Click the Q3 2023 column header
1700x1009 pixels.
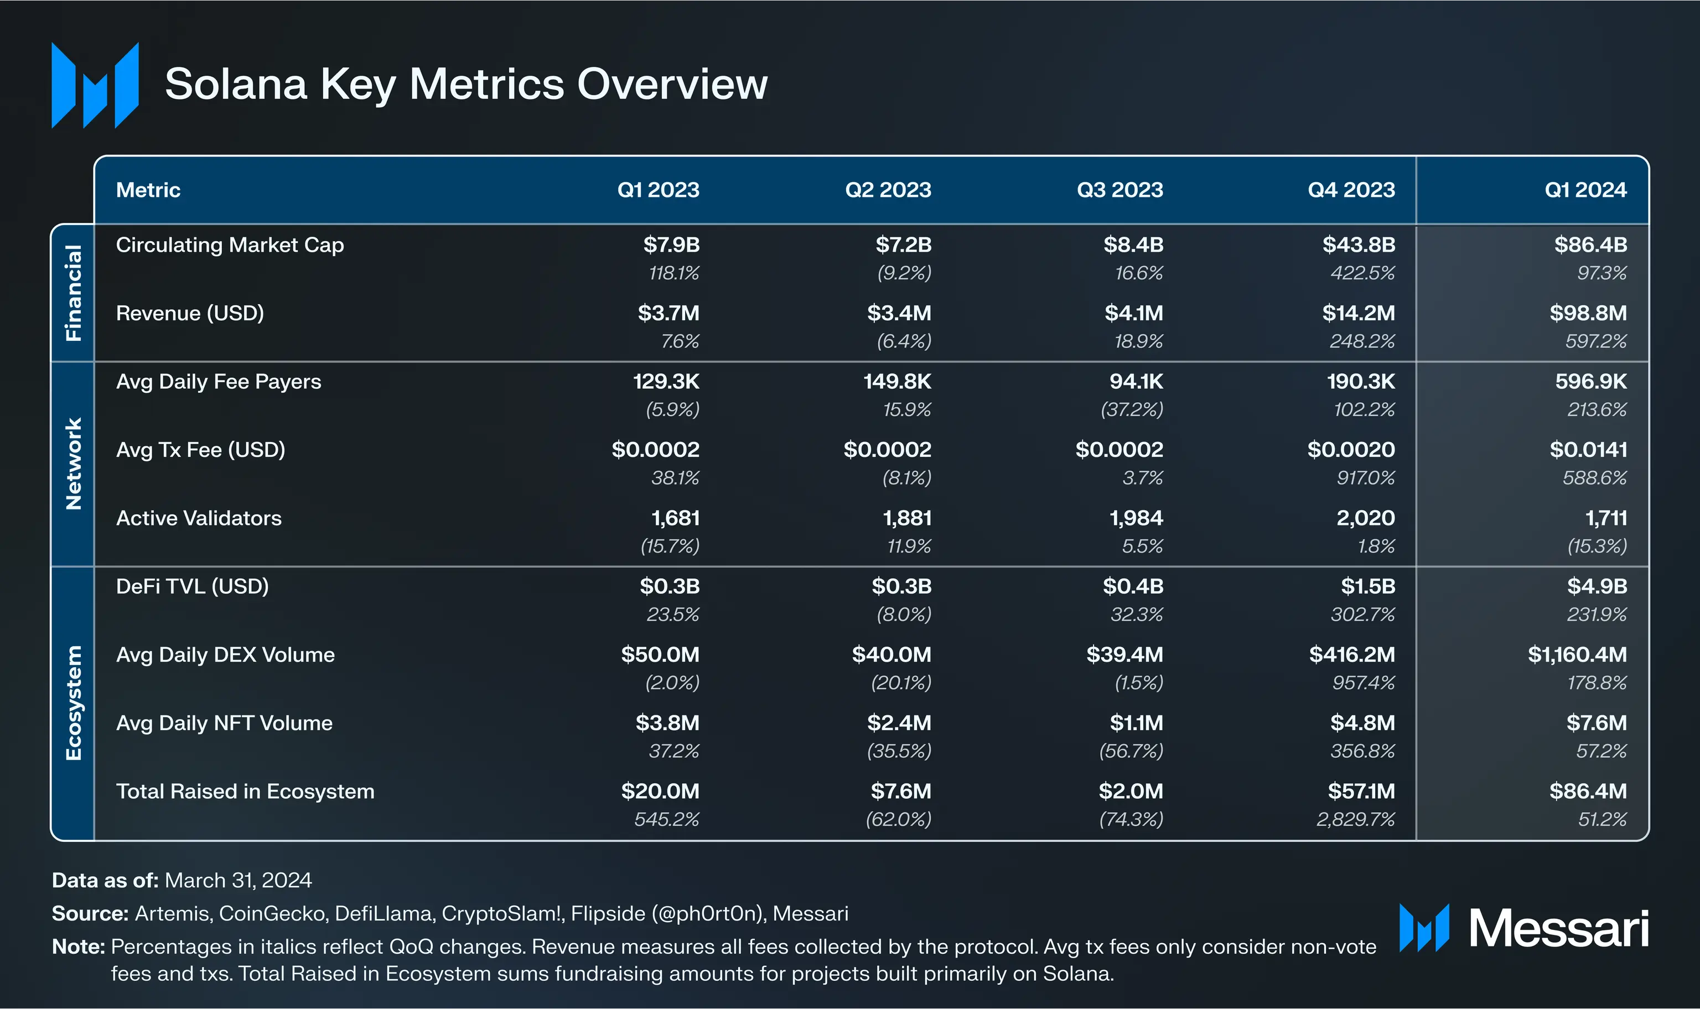coord(1119,190)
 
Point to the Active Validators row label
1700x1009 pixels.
coord(199,518)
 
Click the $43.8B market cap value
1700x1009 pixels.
coord(1358,245)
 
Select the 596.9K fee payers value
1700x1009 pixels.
coord(1590,382)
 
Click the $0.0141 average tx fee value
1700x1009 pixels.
coord(1588,449)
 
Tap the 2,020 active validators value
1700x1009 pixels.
coord(1365,518)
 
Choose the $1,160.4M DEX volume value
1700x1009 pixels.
coord(1577,655)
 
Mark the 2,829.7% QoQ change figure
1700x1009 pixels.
coord(1355,819)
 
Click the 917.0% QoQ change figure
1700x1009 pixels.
coord(1365,478)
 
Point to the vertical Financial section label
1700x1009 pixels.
coord(72,293)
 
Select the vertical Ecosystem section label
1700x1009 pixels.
coord(72,703)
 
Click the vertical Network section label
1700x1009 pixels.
coord(72,464)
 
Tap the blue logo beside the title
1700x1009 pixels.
coord(95,86)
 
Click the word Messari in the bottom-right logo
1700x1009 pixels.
coord(1558,929)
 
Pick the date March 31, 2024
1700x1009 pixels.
coord(238,881)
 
